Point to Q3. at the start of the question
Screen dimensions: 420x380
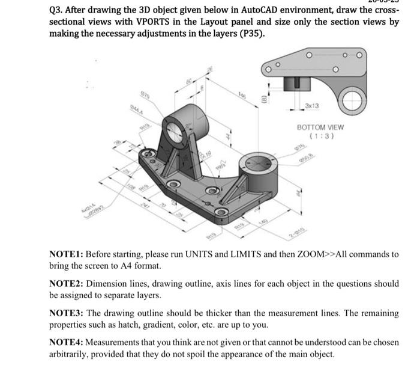[x=58, y=9]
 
